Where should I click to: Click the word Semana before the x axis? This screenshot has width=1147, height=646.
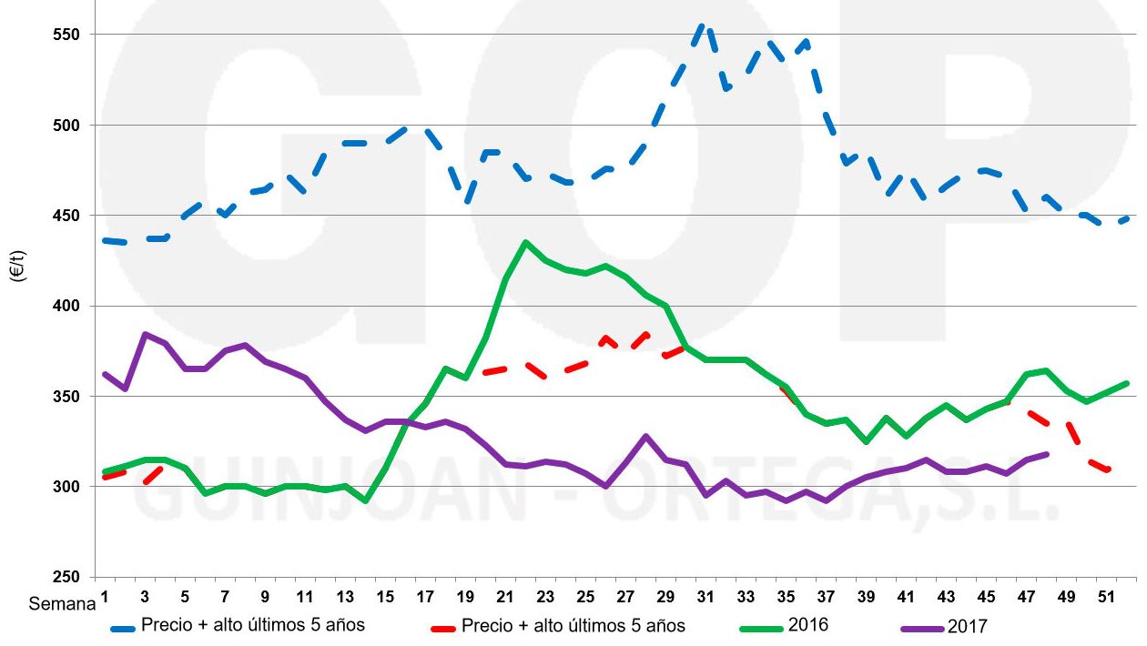pos(61,603)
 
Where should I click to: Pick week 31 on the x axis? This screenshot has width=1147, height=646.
pos(705,598)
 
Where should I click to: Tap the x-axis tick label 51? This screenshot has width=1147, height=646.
pos(1106,598)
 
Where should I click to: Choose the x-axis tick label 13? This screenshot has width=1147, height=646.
pos(345,598)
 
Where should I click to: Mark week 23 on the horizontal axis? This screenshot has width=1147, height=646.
pos(545,598)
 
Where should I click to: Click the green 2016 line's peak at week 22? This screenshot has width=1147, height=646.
pos(525,242)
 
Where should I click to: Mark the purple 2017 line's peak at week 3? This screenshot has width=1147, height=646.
pos(145,334)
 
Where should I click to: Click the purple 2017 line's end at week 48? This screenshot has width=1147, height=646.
pos(1046,454)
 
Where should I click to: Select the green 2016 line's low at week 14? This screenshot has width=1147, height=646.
pos(365,500)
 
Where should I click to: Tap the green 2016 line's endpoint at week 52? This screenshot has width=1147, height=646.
pos(1126,383)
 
